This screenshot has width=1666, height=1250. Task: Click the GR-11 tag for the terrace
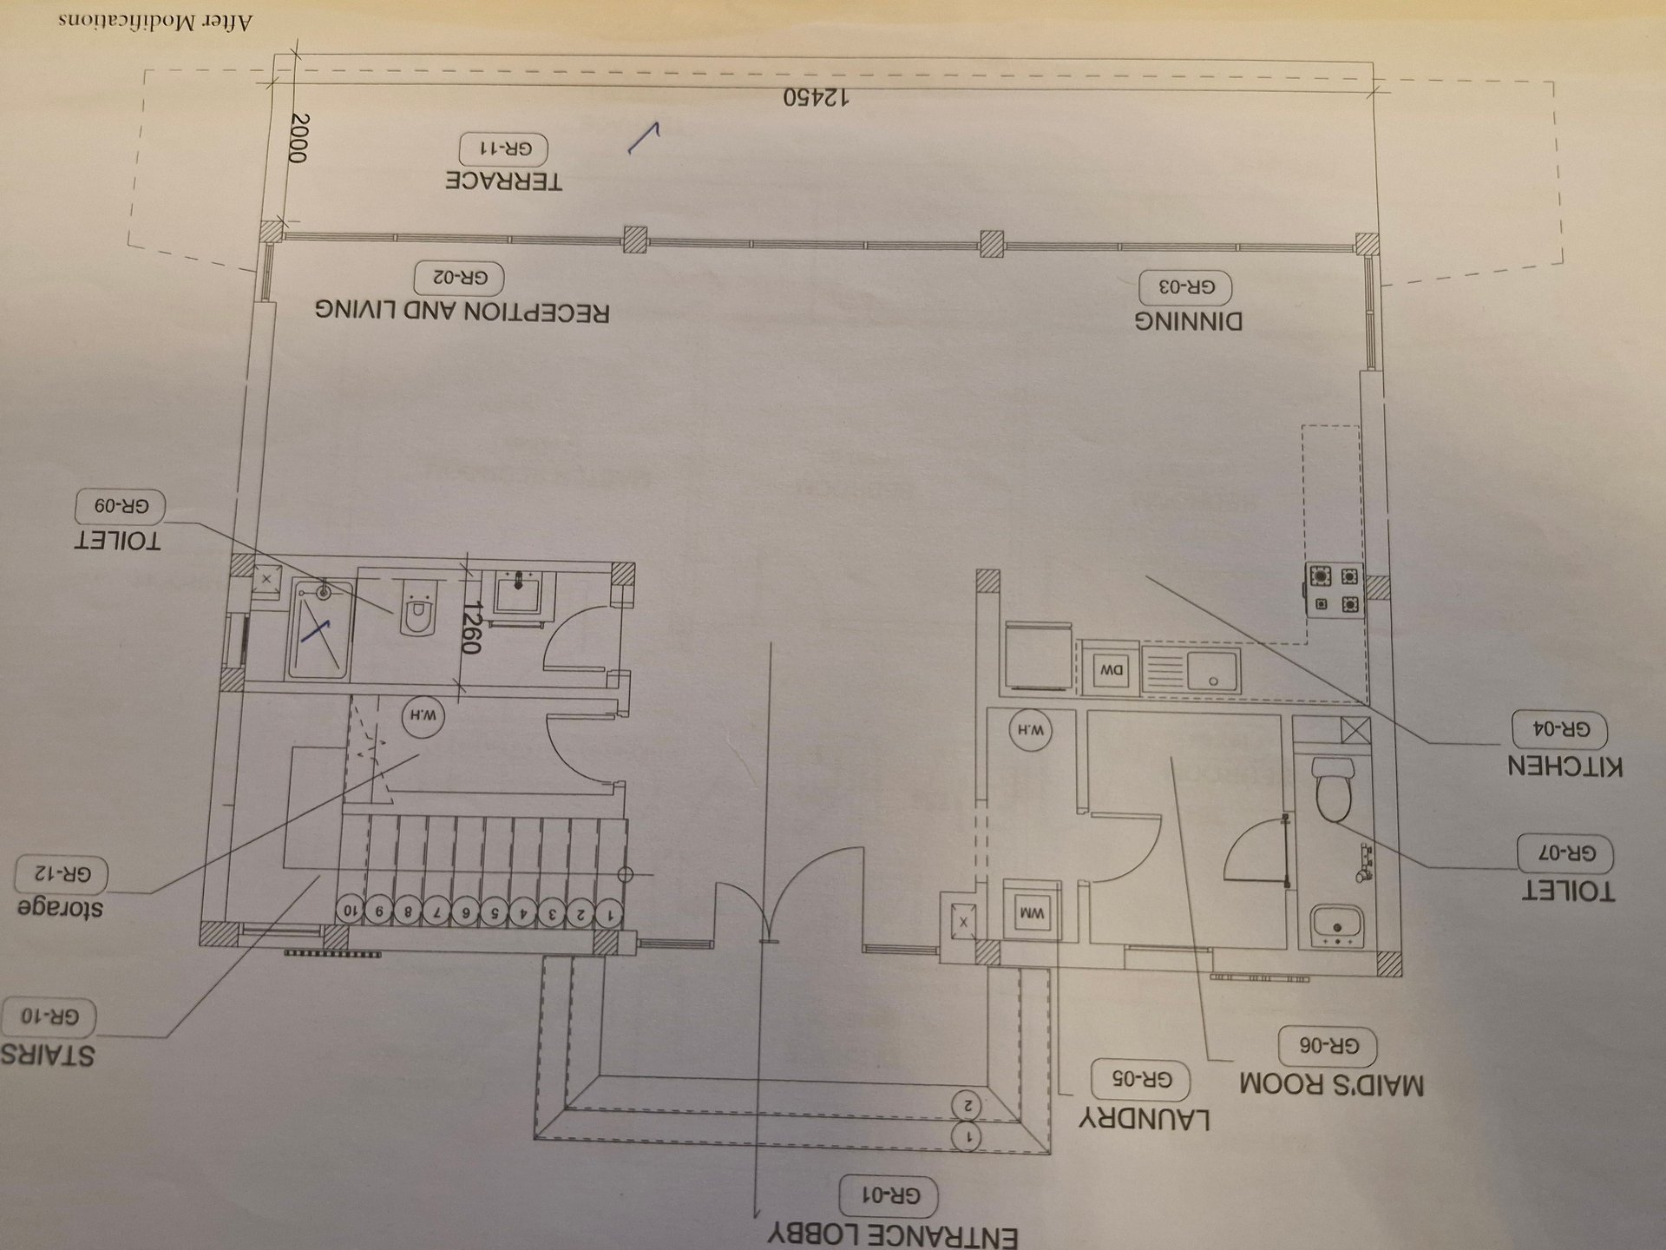503,149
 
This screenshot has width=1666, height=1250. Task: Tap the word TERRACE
503,181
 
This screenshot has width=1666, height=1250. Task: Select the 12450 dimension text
816,97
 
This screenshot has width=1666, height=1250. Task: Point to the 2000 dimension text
298,138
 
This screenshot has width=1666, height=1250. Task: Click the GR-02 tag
458,278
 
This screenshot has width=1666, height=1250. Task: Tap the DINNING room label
1188,321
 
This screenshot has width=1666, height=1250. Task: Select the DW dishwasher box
1112,669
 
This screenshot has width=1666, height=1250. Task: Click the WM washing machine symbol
1032,911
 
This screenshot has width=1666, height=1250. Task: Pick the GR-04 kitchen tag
1559,729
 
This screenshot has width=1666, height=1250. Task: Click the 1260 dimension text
471,628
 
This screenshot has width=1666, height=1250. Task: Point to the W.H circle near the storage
423,716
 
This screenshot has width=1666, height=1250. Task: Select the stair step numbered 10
350,911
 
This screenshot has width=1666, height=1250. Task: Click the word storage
60,908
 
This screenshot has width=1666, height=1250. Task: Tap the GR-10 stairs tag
48,1016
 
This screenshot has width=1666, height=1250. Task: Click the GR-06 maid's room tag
1328,1047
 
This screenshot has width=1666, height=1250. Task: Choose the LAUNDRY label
1145,1118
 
